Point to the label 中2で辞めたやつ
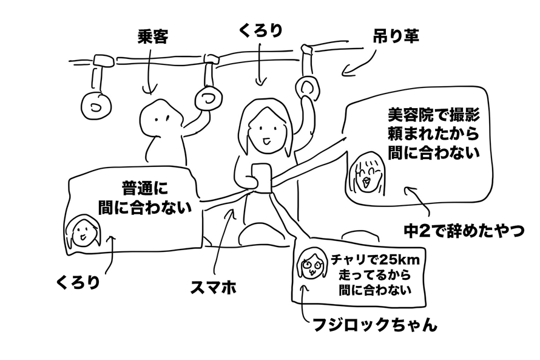click(463, 231)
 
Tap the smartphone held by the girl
click(260, 176)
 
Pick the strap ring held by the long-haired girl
click(308, 87)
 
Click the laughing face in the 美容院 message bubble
click(366, 172)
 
